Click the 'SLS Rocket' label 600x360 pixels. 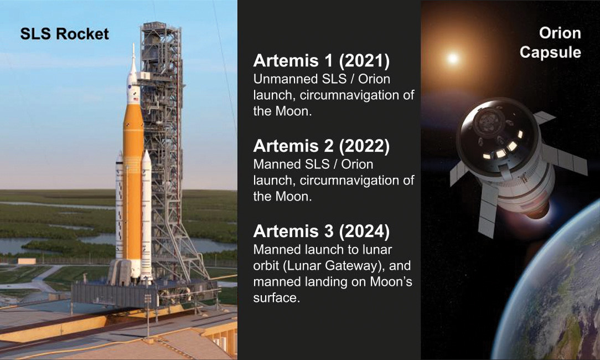point(65,34)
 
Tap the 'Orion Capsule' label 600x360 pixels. point(550,43)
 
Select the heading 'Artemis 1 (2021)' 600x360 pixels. point(322,61)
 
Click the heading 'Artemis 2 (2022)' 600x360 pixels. point(322,146)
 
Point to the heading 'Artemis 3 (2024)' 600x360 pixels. point(322,232)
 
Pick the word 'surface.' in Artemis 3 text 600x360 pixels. point(277,298)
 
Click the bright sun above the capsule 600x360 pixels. point(453,58)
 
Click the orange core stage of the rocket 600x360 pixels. point(133,184)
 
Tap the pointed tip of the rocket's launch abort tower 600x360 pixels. point(133,44)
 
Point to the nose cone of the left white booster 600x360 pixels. point(120,158)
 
